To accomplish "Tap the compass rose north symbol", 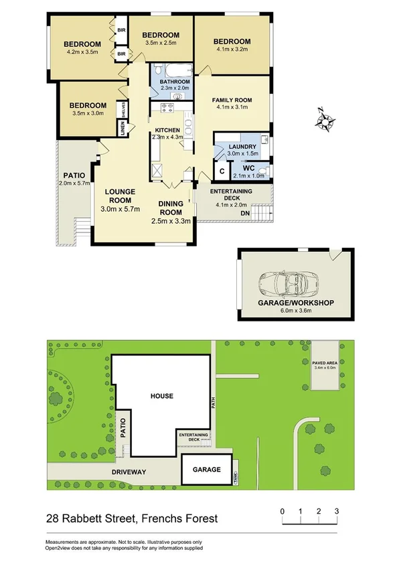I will point(325,121).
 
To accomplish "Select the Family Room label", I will point(230,100).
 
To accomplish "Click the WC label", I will point(239,167).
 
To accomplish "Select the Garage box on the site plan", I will point(206,470).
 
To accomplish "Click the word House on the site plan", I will point(161,396).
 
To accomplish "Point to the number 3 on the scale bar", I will point(337,512).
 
